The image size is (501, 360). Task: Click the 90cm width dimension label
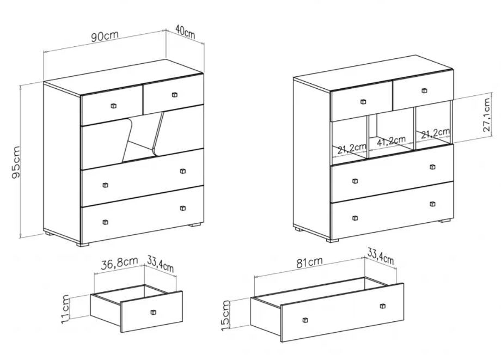[x=105, y=36]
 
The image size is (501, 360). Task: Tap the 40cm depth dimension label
[x=185, y=33]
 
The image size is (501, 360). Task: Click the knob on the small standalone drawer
[x=152, y=312]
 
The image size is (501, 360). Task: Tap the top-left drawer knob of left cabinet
[x=114, y=105]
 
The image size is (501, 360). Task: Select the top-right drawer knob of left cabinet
[x=174, y=95]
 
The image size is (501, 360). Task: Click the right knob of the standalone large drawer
[x=383, y=305]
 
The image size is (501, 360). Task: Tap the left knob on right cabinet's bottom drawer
[x=355, y=218]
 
